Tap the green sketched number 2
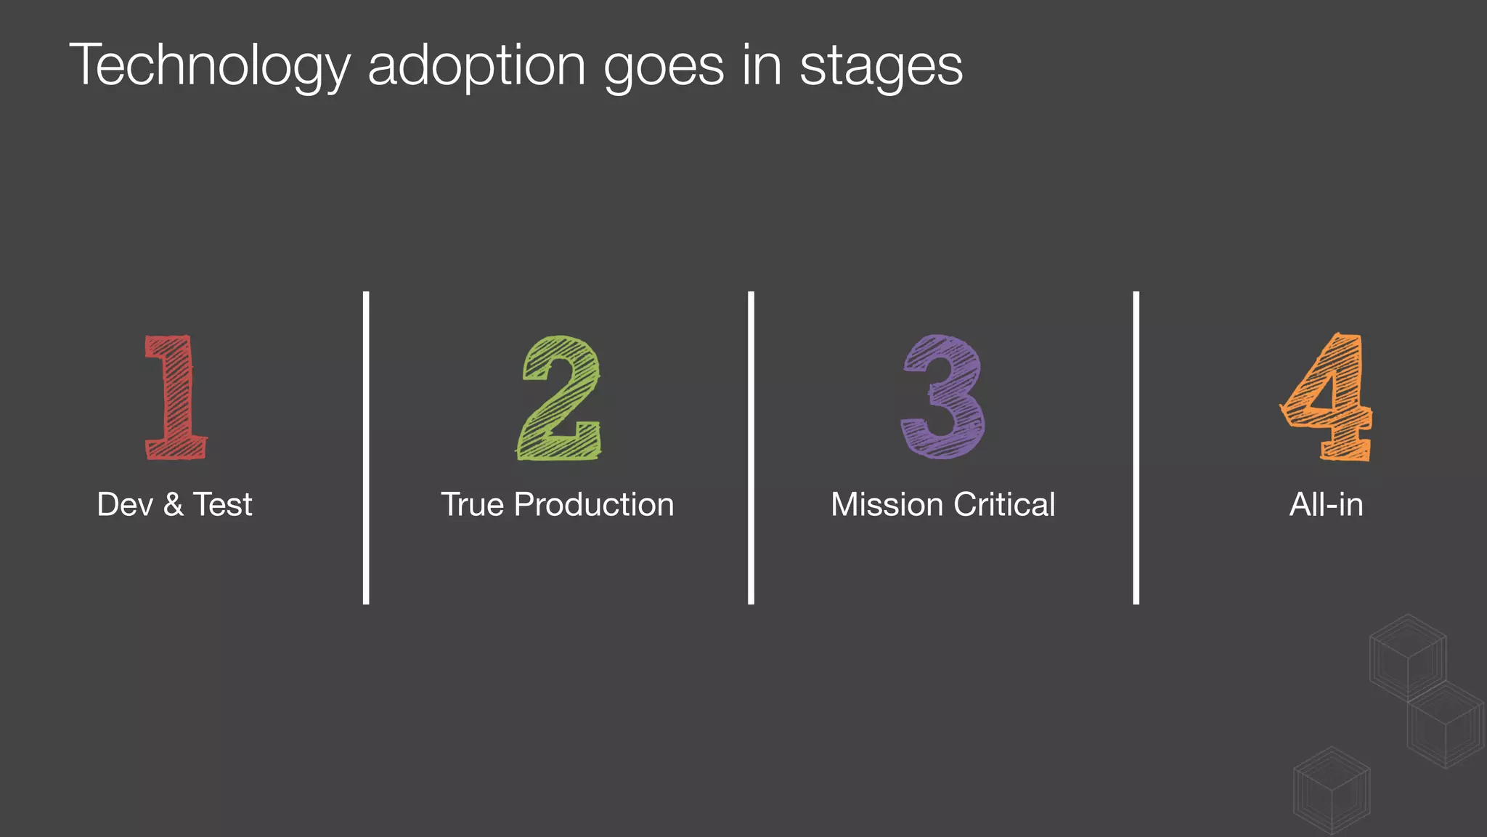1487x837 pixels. tap(560, 397)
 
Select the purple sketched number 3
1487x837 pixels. tap(943, 397)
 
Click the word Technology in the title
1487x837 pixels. tap(210, 66)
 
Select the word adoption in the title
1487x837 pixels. tap(476, 66)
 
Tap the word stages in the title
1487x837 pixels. tap(881, 66)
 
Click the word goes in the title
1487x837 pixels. tap(664, 66)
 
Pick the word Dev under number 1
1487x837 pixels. tap(125, 504)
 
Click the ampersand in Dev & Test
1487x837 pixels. tap(174, 504)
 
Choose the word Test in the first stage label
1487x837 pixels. tap(222, 504)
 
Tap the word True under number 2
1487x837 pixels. tap(472, 504)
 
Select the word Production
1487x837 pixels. tap(594, 504)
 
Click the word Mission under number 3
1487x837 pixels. tap(887, 504)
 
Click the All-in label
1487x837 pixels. tap(1326, 504)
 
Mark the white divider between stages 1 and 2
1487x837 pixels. tap(366, 448)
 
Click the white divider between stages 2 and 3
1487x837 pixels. tap(751, 448)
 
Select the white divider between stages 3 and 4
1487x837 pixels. tap(1136, 448)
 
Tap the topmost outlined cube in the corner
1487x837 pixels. tap(1408, 658)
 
